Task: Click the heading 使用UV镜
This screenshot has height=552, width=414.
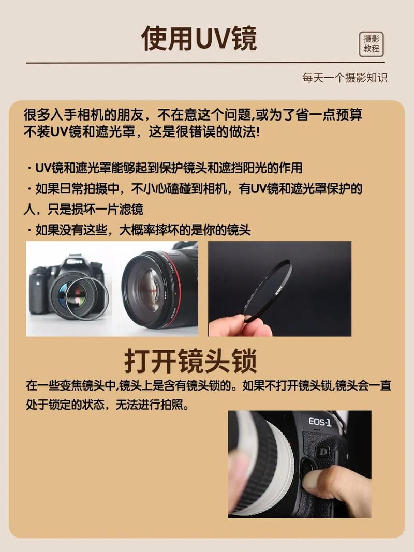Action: pyautogui.click(x=199, y=38)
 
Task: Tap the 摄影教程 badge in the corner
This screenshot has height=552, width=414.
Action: pyautogui.click(x=371, y=44)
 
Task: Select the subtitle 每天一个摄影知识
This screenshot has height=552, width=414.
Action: pyautogui.click(x=345, y=78)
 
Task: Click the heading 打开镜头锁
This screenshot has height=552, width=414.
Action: pyautogui.click(x=190, y=361)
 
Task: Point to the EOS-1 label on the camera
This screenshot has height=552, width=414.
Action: pyautogui.click(x=320, y=422)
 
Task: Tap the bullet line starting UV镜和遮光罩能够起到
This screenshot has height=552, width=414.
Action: pyautogui.click(x=168, y=168)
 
